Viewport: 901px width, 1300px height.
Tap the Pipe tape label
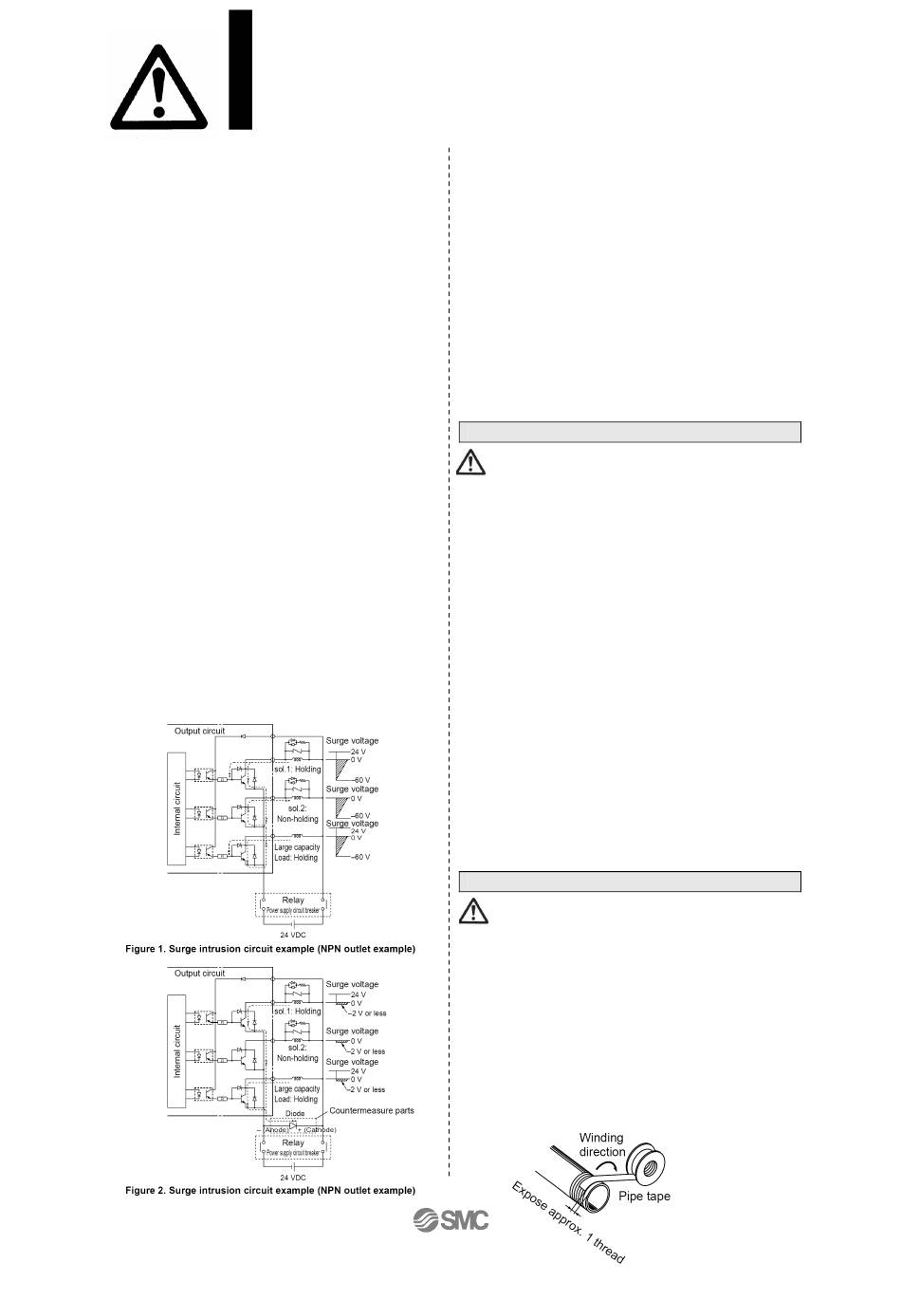[x=644, y=1196]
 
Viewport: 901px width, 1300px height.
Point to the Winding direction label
[x=601, y=1144]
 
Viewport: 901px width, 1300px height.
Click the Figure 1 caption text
[x=270, y=949]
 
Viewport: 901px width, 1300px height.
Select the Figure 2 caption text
[x=270, y=1190]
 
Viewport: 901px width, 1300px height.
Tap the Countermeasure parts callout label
[x=371, y=1110]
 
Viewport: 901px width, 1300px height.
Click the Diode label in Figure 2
[x=295, y=1114]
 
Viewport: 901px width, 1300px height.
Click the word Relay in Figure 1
[x=293, y=901]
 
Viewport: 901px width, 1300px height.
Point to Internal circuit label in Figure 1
[x=177, y=808]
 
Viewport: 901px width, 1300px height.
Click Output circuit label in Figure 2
[x=200, y=973]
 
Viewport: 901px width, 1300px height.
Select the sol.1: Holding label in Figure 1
[x=297, y=769]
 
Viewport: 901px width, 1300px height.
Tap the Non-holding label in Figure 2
[x=297, y=1058]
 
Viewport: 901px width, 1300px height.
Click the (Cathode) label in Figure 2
[x=320, y=1130]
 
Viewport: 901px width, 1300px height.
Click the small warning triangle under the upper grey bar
[x=471, y=462]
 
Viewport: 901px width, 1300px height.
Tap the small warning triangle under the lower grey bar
[x=471, y=912]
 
